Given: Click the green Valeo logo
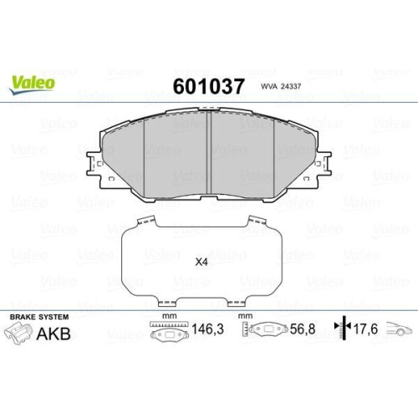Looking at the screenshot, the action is coord(32,84).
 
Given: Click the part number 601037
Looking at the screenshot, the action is coord(208,86).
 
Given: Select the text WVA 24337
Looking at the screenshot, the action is coord(281,86).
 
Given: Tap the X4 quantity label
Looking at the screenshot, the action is coord(201,263).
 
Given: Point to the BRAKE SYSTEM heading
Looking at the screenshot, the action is coord(39,317).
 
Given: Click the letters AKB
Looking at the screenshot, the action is coord(54,334).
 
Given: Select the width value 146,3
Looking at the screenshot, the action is coord(207,329).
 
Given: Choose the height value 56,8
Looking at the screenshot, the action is coord(303,329).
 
